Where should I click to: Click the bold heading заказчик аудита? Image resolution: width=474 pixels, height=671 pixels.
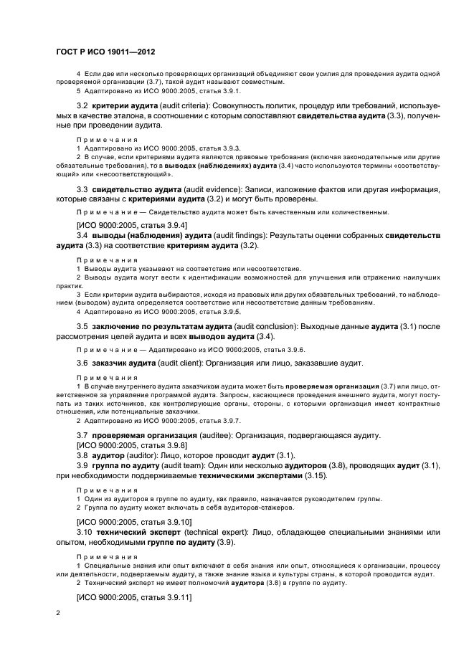[120, 363]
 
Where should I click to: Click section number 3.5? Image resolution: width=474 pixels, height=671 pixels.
[82, 328]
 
